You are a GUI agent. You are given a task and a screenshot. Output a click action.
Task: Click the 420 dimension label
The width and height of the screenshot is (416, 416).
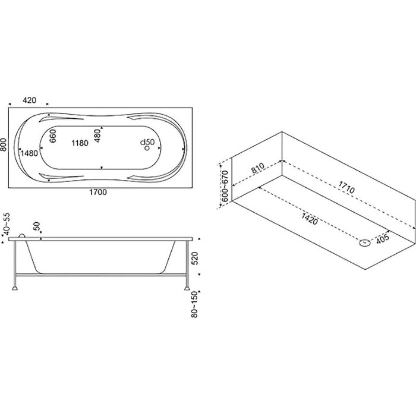click(x=29, y=100)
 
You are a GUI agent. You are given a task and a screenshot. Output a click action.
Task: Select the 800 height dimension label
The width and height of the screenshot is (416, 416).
click(x=3, y=145)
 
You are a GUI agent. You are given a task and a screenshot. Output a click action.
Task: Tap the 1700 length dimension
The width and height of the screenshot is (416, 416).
click(x=98, y=192)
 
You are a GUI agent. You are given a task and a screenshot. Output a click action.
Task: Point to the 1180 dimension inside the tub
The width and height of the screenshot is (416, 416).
click(x=80, y=143)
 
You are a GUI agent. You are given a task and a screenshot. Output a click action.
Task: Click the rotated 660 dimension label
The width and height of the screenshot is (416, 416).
click(x=53, y=136)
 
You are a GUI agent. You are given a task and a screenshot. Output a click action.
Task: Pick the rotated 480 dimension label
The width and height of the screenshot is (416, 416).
click(x=97, y=136)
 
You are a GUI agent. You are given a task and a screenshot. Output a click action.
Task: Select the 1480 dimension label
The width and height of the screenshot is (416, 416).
click(x=29, y=153)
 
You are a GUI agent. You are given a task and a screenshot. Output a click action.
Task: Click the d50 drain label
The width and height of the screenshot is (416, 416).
click(x=147, y=142)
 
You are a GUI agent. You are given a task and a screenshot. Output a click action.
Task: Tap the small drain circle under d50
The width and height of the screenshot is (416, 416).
click(x=147, y=149)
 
